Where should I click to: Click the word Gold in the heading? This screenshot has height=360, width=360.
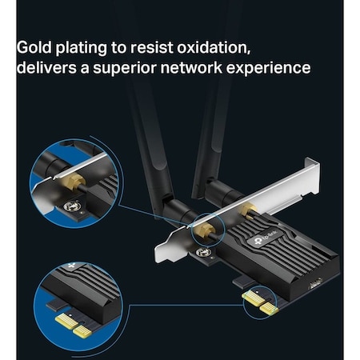[34, 46]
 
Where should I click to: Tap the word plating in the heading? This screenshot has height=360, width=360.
[86, 46]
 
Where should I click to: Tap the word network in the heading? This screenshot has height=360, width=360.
[213, 68]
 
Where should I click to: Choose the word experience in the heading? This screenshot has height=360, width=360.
[277, 68]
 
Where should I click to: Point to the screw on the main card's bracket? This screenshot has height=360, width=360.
[204, 253]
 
